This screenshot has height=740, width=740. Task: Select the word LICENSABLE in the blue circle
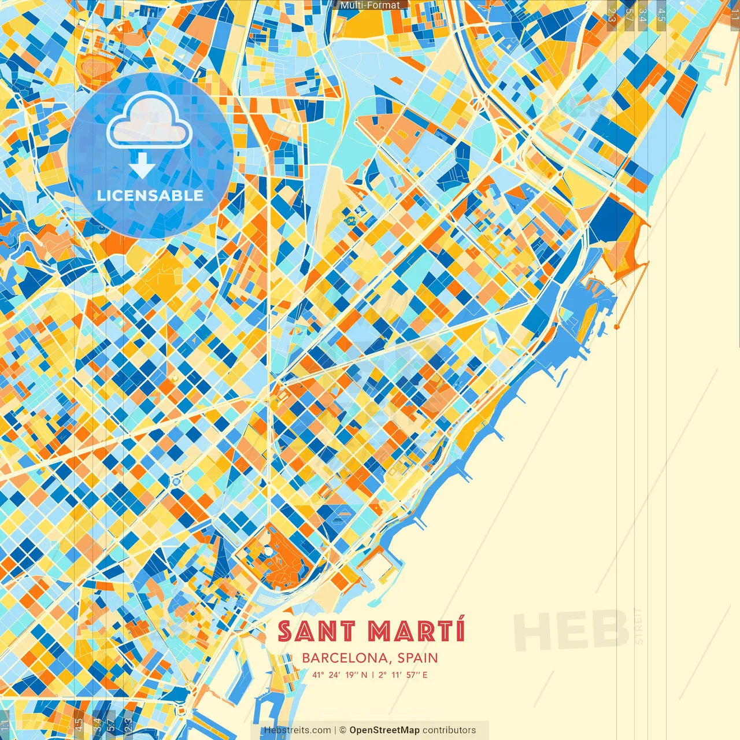point(150,195)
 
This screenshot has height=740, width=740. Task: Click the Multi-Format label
point(370,5)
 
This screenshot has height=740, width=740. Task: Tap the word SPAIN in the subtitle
point(418,658)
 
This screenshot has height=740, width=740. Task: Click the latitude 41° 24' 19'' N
point(339,675)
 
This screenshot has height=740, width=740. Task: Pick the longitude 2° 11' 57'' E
point(404,675)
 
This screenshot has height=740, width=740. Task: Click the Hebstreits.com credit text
point(297,730)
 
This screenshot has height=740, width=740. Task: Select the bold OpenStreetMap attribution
point(384,730)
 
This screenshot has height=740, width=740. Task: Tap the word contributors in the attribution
point(449,730)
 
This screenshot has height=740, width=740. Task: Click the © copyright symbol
point(342,730)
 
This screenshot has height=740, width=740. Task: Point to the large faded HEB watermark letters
point(571,629)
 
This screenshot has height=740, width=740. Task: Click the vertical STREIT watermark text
point(638,626)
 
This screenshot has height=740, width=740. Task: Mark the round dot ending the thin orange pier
point(617,327)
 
